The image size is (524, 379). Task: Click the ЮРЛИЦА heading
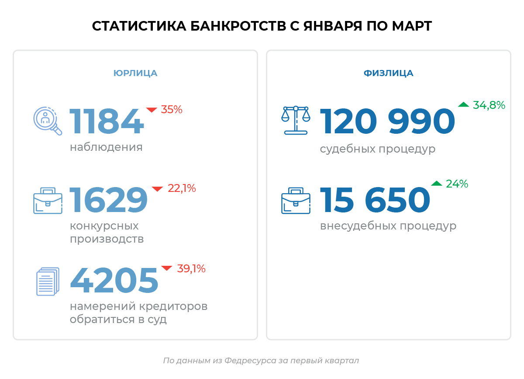[135, 73]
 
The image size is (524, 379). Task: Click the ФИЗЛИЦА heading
[388, 73]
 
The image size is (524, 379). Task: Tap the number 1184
[107, 122]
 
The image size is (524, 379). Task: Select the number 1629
[109, 201]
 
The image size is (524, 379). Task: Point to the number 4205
[114, 280]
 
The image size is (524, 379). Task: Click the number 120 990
[387, 122]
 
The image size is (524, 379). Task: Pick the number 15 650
[375, 200]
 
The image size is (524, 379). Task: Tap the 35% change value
[172, 110]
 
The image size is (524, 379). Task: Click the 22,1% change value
[182, 188]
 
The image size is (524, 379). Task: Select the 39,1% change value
[191, 268]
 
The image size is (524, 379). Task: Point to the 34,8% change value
[489, 105]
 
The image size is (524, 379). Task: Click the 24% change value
[457, 184]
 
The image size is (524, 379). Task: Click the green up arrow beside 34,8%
[463, 105]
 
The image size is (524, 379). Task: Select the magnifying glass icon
[48, 121]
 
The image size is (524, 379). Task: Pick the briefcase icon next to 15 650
[296, 201]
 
